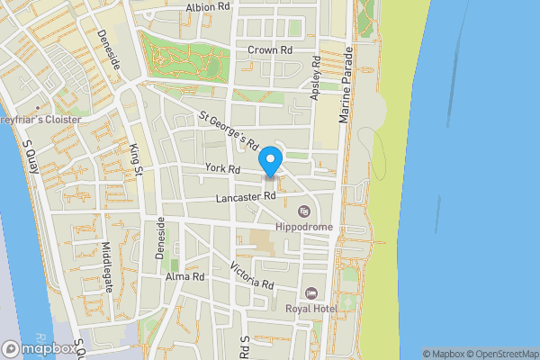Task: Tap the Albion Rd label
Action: click(x=208, y=6)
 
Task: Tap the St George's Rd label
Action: click(x=229, y=130)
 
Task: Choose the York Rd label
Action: click(x=222, y=168)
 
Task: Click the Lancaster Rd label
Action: click(x=246, y=196)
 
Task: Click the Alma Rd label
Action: click(x=185, y=276)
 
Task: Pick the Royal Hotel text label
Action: click(x=310, y=308)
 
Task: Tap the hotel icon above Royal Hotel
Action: click(x=310, y=292)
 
